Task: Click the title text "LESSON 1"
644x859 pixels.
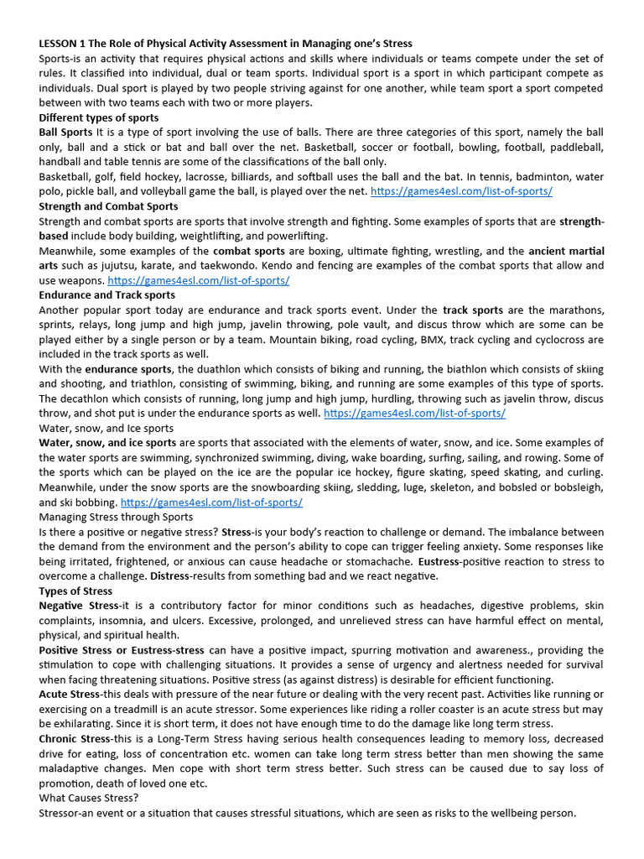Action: click(x=65, y=43)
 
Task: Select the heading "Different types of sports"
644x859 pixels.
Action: click(x=98, y=117)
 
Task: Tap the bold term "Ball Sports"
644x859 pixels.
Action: click(x=65, y=133)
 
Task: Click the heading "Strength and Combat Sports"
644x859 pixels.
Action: click(x=108, y=206)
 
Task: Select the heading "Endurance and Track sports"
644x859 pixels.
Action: click(x=107, y=294)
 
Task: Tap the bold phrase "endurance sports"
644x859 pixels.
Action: click(x=127, y=369)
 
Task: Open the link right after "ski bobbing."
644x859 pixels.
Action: click(x=211, y=502)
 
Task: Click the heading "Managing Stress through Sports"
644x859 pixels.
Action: click(x=116, y=517)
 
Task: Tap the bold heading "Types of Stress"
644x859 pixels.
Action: click(x=75, y=591)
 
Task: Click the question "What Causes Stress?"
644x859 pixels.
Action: click(x=89, y=798)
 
